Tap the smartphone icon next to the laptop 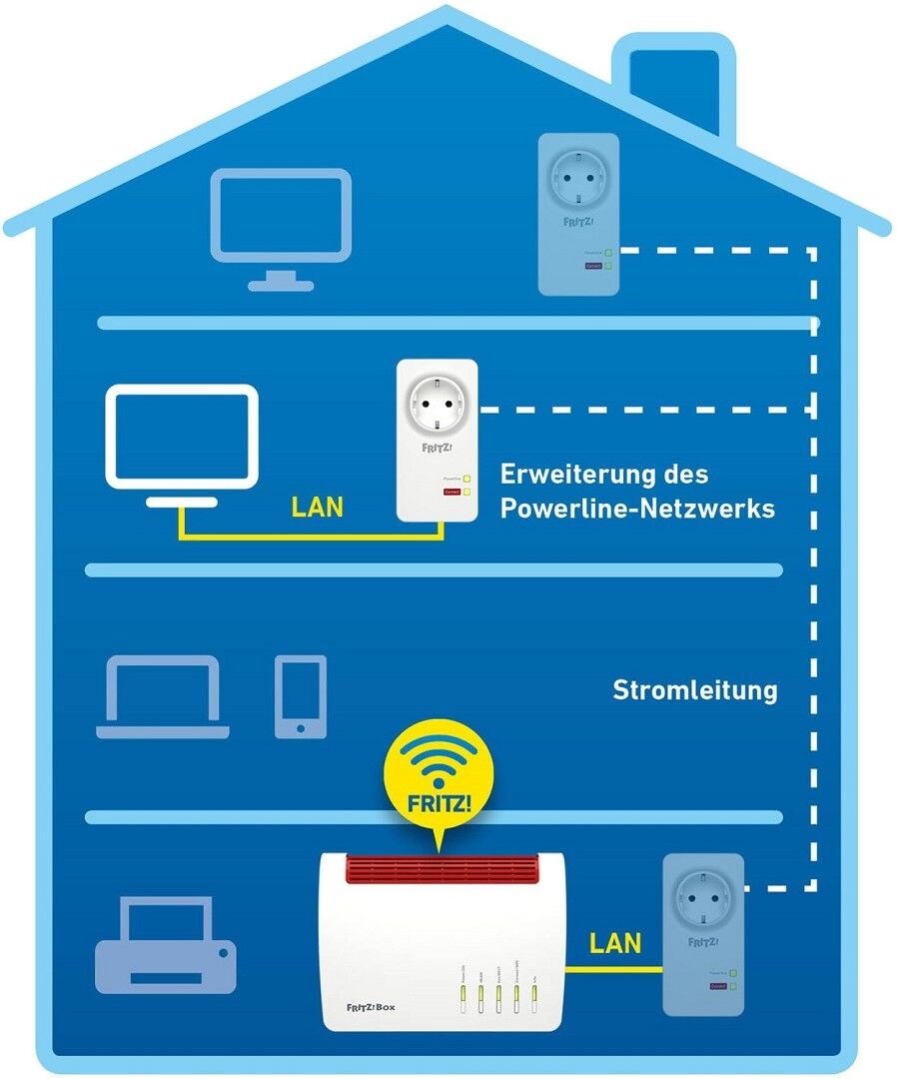(x=301, y=696)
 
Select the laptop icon (x=163, y=697)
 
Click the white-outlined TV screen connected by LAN (x=182, y=437)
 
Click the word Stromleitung (x=694, y=689)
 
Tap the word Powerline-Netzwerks (x=637, y=508)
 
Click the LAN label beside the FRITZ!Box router (x=615, y=942)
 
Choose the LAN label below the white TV (x=318, y=507)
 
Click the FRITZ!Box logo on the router (x=371, y=1006)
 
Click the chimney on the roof (x=669, y=80)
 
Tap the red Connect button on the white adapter (x=452, y=493)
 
